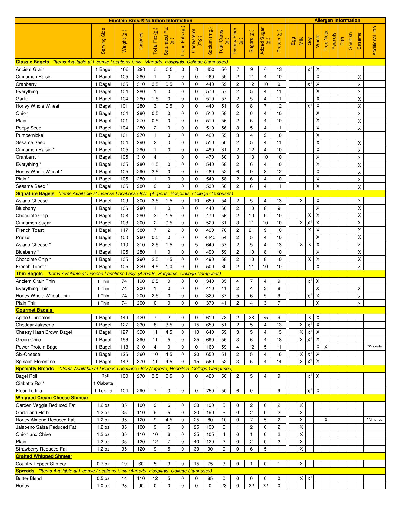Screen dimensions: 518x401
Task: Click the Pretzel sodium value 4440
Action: (x=210, y=237)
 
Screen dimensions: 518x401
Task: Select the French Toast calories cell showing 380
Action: (x=141, y=230)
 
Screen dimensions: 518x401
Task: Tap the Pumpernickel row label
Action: (x=30, y=135)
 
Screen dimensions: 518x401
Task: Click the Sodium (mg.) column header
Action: (x=210, y=41)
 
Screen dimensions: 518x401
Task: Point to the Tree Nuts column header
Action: (x=326, y=41)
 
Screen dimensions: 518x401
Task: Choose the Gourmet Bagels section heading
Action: (x=34, y=310)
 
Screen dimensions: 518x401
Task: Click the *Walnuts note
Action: (x=375, y=346)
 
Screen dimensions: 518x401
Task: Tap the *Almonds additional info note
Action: (x=375, y=420)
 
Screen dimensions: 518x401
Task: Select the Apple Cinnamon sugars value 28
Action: (x=251, y=318)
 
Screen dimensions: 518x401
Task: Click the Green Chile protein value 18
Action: (x=279, y=340)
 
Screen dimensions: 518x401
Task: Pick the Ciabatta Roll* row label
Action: (x=30, y=383)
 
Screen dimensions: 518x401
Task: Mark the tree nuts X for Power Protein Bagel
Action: (x=326, y=347)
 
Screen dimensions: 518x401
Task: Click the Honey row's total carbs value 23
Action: (x=224, y=486)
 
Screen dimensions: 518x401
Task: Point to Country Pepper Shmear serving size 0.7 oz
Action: (x=103, y=464)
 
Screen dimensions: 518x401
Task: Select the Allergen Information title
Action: (x=337, y=21)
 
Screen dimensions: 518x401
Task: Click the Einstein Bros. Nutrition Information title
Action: (x=150, y=21)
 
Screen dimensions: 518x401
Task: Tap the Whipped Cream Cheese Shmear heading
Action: (x=52, y=398)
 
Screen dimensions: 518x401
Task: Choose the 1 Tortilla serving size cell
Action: (x=103, y=391)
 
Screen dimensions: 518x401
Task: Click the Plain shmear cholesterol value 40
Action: (x=196, y=442)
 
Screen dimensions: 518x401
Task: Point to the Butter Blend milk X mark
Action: (x=301, y=478)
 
